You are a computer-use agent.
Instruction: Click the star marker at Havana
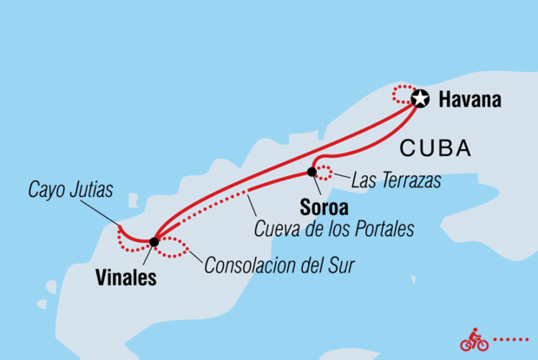coord(421,99)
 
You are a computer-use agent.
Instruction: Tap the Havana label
coord(469,100)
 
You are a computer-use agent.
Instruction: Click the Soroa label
coord(325,208)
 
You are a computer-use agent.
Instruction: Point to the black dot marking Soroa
coord(312,172)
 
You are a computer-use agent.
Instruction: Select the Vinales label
coord(127,278)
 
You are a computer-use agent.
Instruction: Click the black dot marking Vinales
coord(154,242)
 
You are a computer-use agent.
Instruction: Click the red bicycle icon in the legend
coord(474,340)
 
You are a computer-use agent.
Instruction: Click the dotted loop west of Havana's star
coord(403,93)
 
